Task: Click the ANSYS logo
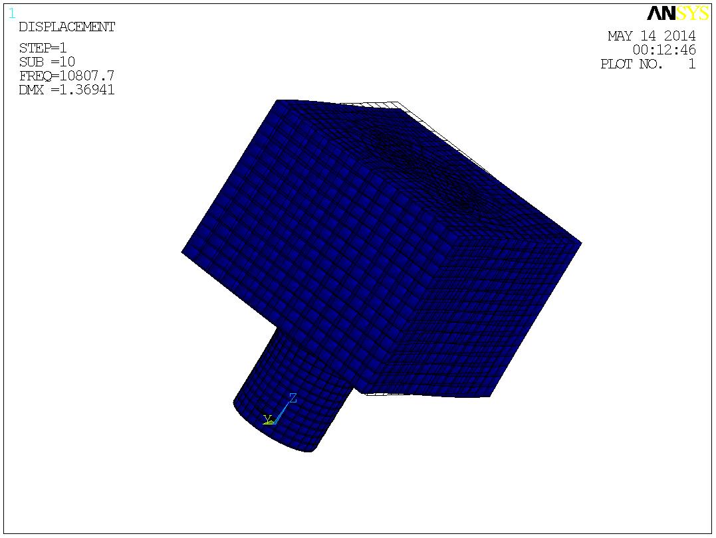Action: coord(677,13)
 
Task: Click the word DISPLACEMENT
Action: coord(66,27)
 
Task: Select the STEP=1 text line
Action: coord(43,48)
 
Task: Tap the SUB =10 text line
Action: coord(47,62)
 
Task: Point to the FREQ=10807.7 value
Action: coord(66,76)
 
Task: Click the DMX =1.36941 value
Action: coord(66,90)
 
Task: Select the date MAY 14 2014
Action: coord(652,36)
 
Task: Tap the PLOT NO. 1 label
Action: coord(648,64)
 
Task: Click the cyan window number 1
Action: coord(12,12)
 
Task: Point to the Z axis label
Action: coord(292,398)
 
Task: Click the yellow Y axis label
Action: coord(267,419)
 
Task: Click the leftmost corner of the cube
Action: coord(183,251)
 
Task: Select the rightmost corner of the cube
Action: coord(580,242)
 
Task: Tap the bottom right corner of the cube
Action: coord(489,396)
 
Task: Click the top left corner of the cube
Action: coord(277,101)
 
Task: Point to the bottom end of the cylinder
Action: coord(307,451)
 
